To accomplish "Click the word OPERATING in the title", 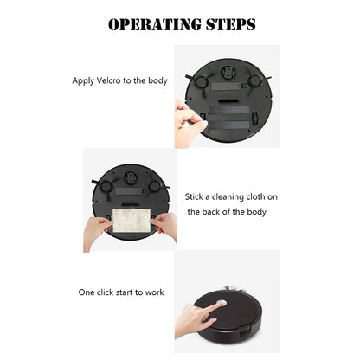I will (151, 24).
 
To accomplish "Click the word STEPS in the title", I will (228, 24).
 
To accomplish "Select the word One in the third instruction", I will (88, 292).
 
